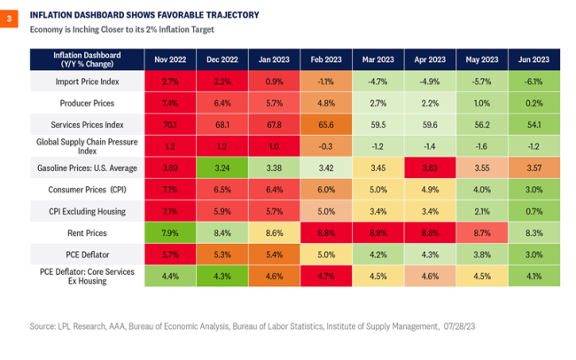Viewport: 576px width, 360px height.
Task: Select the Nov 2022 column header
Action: pyautogui.click(x=169, y=59)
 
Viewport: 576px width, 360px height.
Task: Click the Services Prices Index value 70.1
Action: pyautogui.click(x=169, y=123)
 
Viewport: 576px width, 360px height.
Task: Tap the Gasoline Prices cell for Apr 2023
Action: pyautogui.click(x=431, y=166)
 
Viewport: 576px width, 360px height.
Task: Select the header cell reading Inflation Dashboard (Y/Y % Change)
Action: pyautogui.click(x=87, y=59)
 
